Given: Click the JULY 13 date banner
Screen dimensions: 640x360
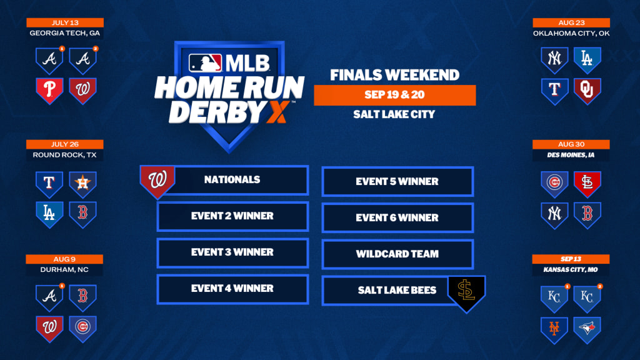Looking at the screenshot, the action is click(65, 22).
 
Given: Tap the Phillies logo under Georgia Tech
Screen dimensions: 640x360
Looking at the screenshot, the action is click(49, 91).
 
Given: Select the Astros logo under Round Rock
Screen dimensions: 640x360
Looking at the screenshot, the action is click(83, 184).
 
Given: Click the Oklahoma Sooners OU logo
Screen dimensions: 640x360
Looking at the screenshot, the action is click(587, 91).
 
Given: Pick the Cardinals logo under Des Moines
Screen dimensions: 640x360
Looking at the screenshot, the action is click(587, 184).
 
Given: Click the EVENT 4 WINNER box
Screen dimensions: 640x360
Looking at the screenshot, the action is click(232, 289).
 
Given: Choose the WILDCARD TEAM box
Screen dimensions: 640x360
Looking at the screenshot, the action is click(397, 254).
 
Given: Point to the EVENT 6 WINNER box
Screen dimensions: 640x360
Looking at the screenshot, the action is click(397, 218).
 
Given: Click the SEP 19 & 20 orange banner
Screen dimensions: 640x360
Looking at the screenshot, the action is click(395, 95).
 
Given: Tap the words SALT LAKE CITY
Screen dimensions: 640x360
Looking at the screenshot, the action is click(394, 114).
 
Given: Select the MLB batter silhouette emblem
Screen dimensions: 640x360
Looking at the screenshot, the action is click(205, 63).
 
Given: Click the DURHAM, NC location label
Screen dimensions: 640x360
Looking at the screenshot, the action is click(64, 270).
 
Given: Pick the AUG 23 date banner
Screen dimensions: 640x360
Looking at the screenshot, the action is click(571, 23).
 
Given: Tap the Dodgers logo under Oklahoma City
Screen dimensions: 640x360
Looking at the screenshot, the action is click(587, 60).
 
